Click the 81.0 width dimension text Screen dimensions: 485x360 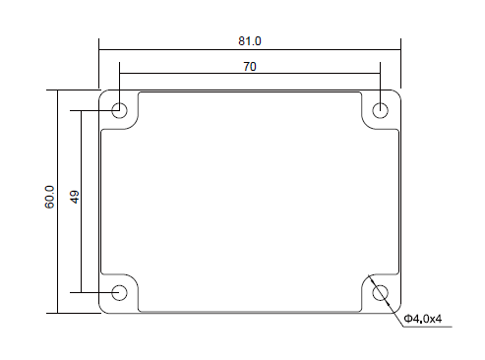click(x=250, y=41)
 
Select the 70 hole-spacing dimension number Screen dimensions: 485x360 click(x=250, y=67)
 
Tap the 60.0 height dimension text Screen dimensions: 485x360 click(x=49, y=197)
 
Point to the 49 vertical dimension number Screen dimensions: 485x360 click(x=75, y=197)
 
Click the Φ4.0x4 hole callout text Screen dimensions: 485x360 click(x=423, y=319)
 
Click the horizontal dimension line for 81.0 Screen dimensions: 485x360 click(x=250, y=50)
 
